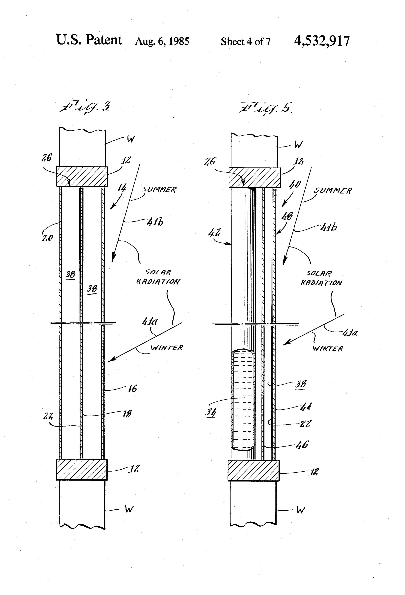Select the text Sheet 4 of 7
pos(245,42)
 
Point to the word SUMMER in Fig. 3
pos(159,190)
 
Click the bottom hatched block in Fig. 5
pos(254,471)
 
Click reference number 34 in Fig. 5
pos(211,412)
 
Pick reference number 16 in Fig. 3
pos(132,389)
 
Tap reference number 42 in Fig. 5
pos(214,233)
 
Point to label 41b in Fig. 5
pos(329,227)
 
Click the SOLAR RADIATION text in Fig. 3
pos(158,277)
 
